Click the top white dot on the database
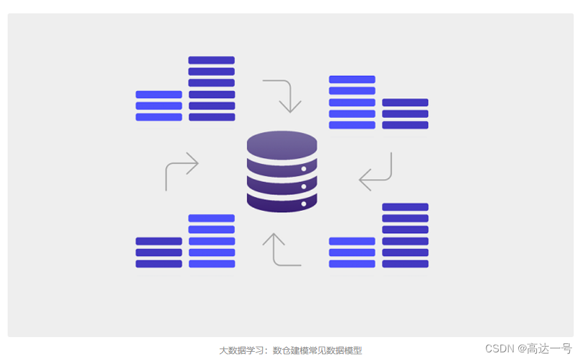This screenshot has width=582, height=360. pyautogui.click(x=304, y=169)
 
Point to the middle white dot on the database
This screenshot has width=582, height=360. pyautogui.click(x=304, y=187)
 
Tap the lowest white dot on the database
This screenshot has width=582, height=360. pyautogui.click(x=304, y=204)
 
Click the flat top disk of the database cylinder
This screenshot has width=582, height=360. pyautogui.click(x=282, y=143)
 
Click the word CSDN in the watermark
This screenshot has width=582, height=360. pyautogui.click(x=499, y=349)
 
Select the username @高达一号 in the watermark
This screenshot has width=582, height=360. pyautogui.click(x=544, y=349)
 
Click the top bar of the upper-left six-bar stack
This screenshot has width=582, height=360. pyautogui.click(x=211, y=61)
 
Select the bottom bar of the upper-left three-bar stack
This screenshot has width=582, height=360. pyautogui.click(x=159, y=117)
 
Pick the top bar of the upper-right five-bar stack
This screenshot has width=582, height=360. pyautogui.click(x=352, y=80)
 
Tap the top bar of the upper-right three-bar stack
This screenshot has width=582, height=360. pyautogui.click(x=405, y=103)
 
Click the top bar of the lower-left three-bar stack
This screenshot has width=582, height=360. pyautogui.click(x=159, y=241)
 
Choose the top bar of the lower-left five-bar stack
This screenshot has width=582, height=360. pyautogui.click(x=211, y=219)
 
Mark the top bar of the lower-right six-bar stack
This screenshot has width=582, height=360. pyautogui.click(x=405, y=207)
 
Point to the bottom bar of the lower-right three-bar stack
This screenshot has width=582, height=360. pyautogui.click(x=352, y=264)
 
